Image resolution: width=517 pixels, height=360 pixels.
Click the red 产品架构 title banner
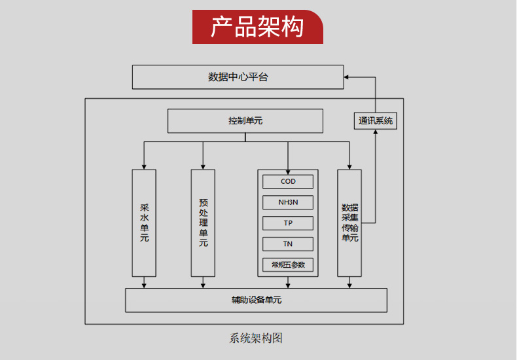coord(257,27)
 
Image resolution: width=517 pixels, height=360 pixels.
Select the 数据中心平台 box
coord(238,77)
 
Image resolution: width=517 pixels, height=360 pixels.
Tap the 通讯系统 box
coord(376,120)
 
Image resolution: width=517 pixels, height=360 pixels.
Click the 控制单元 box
coord(245,121)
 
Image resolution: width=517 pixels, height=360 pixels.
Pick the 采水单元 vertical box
coord(144,223)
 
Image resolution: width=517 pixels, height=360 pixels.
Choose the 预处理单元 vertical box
coord(203,223)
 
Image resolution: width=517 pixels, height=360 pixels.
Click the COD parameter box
coord(288,181)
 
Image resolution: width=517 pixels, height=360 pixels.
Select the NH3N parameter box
coord(288,202)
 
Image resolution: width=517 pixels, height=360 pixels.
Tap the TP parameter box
coord(288,223)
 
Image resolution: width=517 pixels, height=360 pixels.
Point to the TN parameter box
coord(288,244)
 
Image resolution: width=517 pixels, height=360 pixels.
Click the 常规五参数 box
coord(288,264)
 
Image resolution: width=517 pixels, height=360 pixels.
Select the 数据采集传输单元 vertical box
coord(349,223)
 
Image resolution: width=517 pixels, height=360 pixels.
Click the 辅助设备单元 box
coord(256,300)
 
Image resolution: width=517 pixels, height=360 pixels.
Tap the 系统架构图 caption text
coord(256,338)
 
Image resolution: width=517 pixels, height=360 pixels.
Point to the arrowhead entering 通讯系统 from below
coord(376,132)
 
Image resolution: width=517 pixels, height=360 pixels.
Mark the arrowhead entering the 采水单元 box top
coord(144,166)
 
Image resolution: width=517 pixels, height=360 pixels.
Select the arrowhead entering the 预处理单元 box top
coord(203,166)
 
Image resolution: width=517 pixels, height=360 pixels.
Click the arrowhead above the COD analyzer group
coord(288,166)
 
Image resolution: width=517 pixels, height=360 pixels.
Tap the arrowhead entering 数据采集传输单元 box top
coord(349,166)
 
